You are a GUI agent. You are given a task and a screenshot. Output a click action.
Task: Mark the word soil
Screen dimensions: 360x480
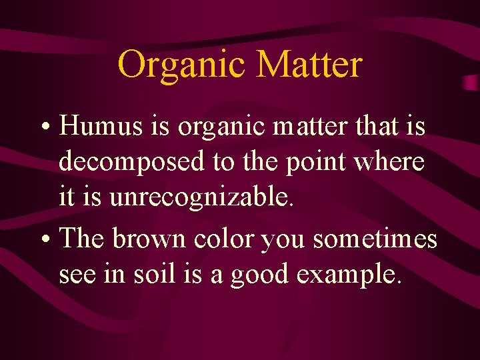(157, 274)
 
